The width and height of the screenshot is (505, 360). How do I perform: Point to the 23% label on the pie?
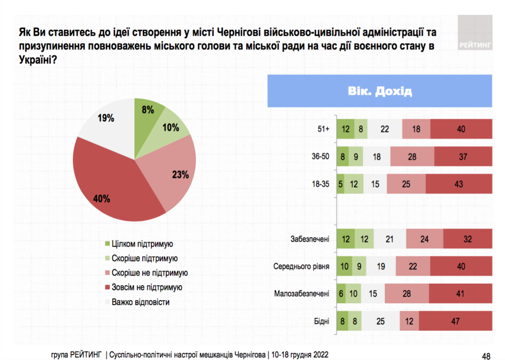(179, 174)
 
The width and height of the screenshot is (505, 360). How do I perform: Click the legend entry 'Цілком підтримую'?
(142, 243)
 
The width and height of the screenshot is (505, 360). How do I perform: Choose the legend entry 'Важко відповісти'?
(140, 302)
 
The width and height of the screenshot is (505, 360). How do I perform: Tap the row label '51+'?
(323, 129)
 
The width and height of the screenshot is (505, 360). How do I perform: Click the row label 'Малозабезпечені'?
(302, 294)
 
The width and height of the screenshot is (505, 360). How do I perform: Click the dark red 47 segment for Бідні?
(454, 321)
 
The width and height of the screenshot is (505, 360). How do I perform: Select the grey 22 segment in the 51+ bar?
(384, 129)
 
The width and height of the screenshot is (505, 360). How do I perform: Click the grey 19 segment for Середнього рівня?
(381, 267)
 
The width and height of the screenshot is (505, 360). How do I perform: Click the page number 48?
(485, 355)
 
